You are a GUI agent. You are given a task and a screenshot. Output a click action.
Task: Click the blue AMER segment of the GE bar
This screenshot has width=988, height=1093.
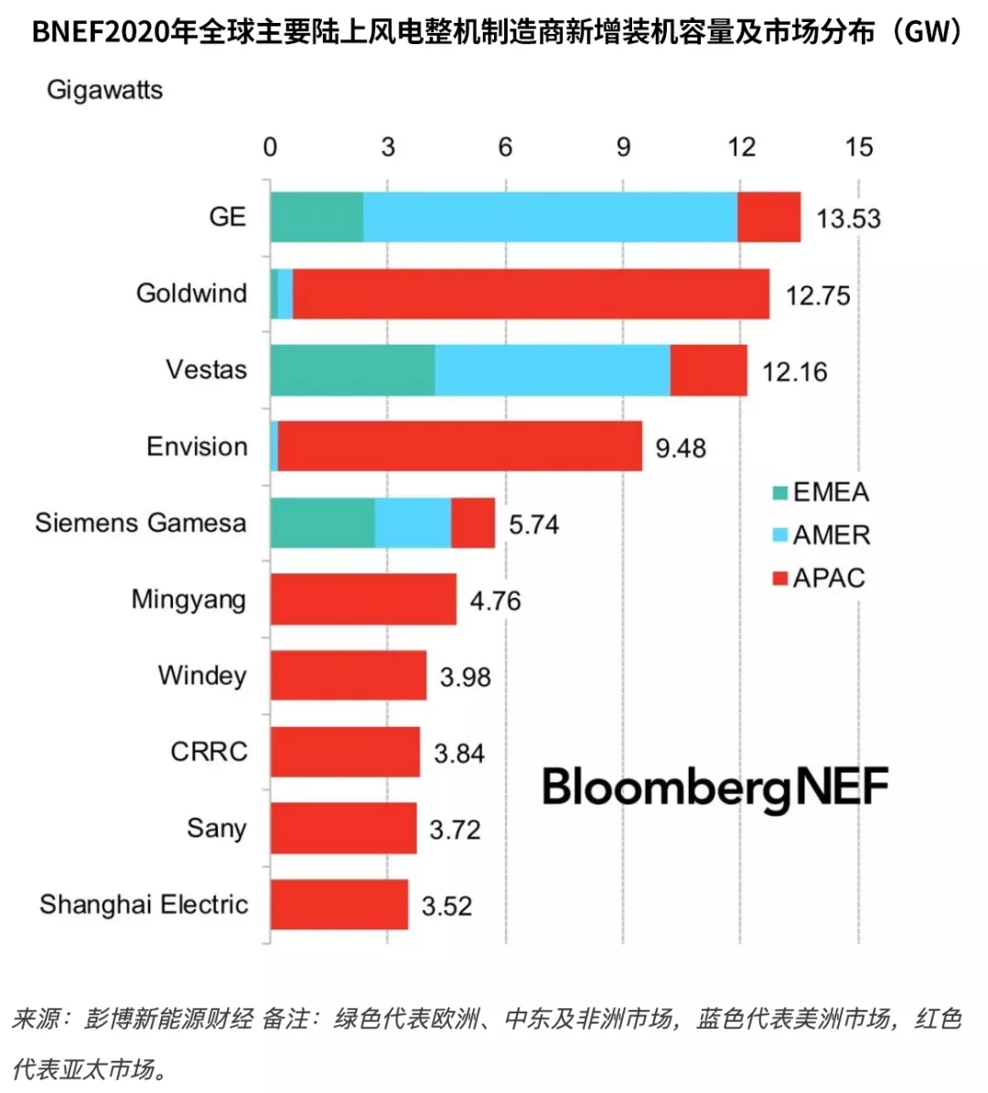(550, 217)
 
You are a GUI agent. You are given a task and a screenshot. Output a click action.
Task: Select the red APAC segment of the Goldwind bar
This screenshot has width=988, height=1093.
(531, 294)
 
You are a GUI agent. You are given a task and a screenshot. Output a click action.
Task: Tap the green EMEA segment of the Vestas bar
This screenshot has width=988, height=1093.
(352, 370)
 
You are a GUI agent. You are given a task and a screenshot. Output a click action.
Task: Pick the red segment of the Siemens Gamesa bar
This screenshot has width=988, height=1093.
(473, 523)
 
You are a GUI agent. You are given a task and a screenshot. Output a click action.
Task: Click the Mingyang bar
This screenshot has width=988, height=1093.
(363, 599)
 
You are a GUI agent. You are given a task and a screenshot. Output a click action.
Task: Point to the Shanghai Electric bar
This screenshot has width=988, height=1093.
(339, 904)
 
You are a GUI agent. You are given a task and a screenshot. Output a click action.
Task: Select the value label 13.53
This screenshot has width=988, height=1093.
(848, 219)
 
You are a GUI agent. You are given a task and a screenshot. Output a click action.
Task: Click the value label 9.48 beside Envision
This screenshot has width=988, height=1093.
(681, 448)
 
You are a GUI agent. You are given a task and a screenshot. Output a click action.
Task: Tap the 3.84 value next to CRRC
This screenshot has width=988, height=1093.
(459, 753)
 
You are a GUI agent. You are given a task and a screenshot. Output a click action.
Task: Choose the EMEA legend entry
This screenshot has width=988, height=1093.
(821, 492)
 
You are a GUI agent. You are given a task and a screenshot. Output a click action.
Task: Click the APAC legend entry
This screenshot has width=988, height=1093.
(819, 578)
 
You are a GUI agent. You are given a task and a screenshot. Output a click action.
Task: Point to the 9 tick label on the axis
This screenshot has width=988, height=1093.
(623, 147)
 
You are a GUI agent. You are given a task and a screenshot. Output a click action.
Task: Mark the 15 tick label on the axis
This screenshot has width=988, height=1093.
(858, 147)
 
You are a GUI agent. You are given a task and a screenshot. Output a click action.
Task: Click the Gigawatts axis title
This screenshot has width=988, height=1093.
(105, 90)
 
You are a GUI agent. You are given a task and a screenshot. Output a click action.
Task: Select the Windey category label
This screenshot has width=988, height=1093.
(202, 675)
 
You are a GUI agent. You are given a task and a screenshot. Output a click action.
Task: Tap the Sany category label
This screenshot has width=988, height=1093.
(217, 828)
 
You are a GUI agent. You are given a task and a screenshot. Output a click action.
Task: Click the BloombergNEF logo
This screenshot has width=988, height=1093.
(714, 788)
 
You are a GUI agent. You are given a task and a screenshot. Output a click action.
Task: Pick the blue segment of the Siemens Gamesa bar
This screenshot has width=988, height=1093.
(413, 523)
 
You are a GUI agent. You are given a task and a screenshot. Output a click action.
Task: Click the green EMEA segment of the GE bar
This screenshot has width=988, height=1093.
(317, 217)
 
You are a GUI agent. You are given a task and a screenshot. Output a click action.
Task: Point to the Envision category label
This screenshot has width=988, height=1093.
(197, 446)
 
